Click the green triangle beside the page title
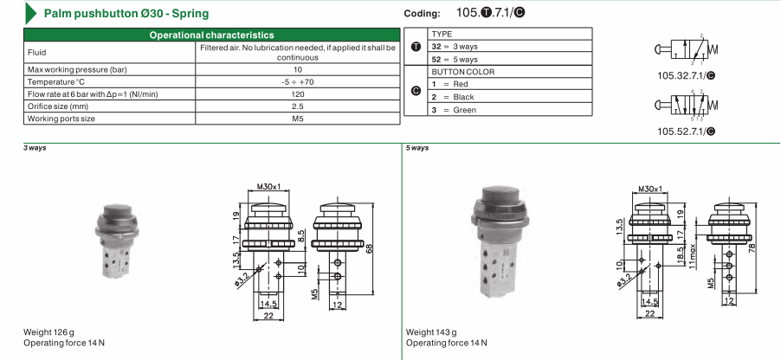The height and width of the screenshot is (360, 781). [30, 14]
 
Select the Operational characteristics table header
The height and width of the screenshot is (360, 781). [211, 35]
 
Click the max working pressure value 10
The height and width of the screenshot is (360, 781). [298, 70]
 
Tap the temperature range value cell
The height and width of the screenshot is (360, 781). [298, 81]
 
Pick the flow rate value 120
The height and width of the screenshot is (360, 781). [298, 94]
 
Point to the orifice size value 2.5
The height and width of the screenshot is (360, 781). [298, 106]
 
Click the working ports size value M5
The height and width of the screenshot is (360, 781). [298, 119]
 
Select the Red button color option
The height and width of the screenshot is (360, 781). [449, 84]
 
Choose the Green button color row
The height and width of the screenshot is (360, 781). [510, 110]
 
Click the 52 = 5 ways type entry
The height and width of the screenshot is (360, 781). [455, 59]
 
